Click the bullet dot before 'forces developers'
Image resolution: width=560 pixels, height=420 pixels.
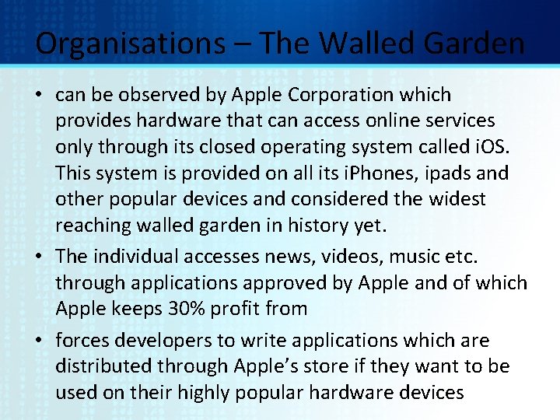(40, 341)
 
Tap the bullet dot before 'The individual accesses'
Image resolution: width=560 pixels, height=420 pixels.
(40, 257)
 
